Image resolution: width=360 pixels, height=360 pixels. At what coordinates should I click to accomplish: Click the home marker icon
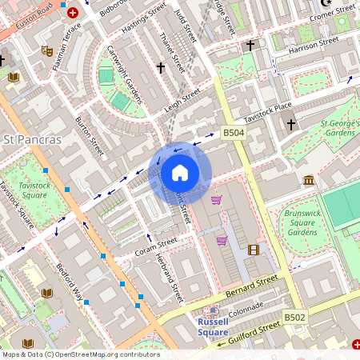click(179, 173)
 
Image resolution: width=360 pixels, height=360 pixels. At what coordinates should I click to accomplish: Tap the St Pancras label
click(33, 140)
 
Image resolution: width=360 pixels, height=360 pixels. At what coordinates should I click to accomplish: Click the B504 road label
click(233, 132)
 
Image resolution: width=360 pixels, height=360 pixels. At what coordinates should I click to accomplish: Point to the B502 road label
click(294, 318)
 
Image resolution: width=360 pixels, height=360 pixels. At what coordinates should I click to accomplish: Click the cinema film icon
click(254, 250)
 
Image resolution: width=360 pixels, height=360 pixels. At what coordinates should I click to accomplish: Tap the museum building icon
click(308, 181)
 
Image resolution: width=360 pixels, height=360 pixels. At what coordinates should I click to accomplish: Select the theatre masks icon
click(47, 50)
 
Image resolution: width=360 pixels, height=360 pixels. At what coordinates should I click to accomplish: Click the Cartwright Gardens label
click(125, 74)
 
